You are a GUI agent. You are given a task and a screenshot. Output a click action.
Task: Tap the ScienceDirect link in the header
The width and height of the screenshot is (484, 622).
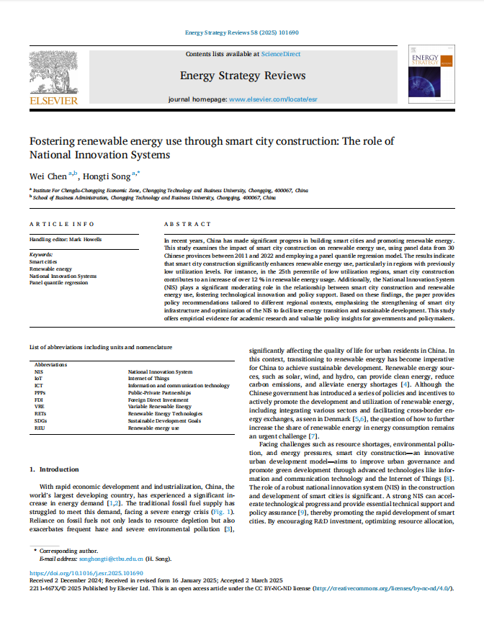[x=281, y=54]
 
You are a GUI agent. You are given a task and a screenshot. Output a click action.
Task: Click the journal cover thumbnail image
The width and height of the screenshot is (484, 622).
[x=428, y=76]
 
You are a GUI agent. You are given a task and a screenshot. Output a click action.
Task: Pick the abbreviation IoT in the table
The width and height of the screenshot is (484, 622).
[x=39, y=378]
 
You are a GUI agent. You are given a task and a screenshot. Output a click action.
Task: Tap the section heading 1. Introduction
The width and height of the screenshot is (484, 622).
[x=59, y=469]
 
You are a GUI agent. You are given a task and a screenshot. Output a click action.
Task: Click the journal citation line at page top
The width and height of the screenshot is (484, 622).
[x=242, y=33]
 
